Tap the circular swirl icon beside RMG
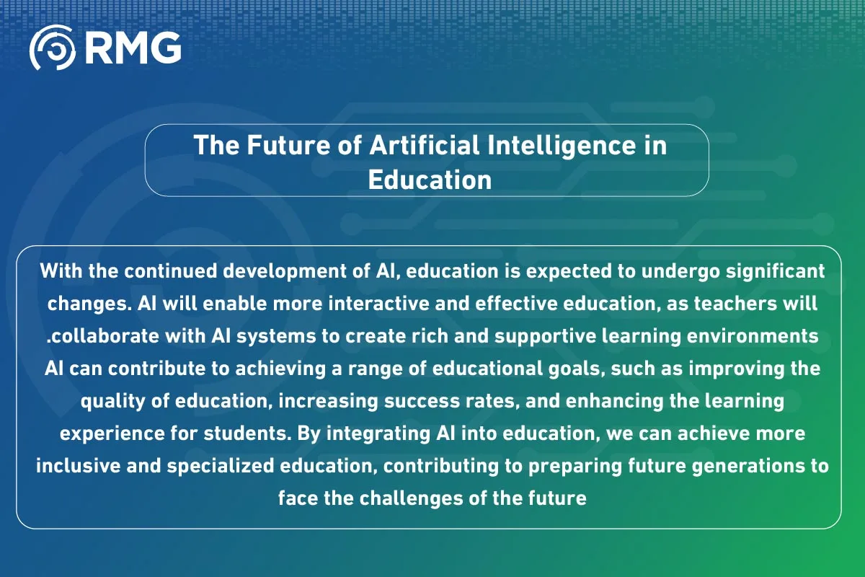(53, 48)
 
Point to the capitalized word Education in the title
(430, 179)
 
